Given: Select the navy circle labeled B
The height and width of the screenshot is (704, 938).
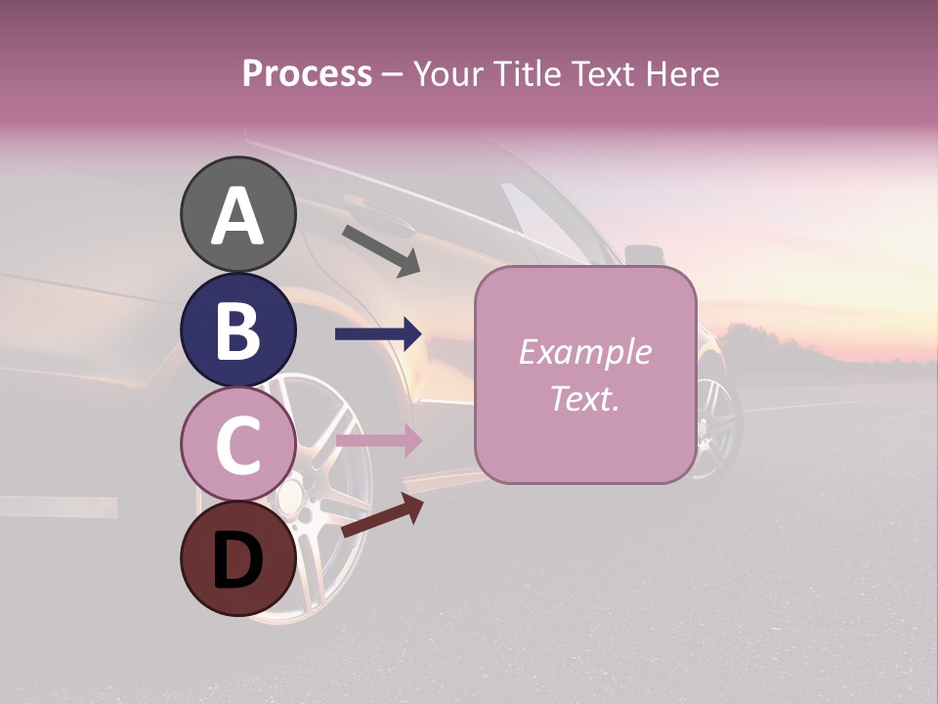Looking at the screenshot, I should (238, 330).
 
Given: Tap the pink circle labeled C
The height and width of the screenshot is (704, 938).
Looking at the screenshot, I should (238, 444).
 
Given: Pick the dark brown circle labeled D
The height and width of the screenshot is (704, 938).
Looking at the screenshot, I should (238, 558).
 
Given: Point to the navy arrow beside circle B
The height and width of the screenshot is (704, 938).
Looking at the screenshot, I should (378, 334).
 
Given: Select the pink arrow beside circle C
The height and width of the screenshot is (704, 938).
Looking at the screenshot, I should (378, 441).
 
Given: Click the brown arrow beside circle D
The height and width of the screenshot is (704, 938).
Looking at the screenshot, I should (382, 515).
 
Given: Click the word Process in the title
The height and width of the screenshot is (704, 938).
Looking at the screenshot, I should (308, 73).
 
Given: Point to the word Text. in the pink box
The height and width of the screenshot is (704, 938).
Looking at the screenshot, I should (584, 398).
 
